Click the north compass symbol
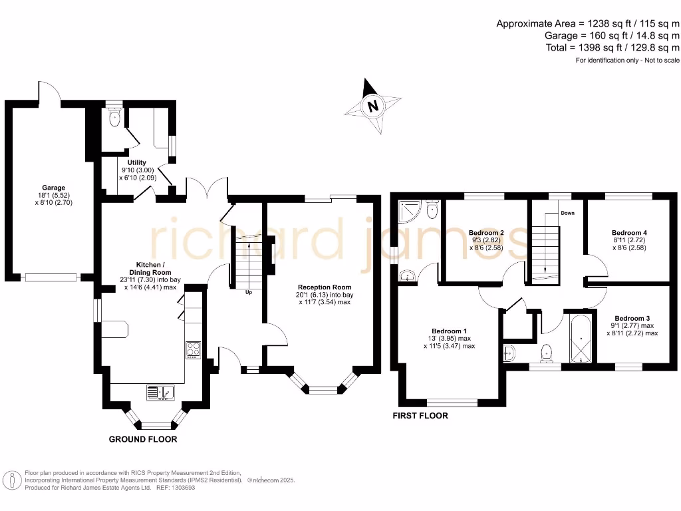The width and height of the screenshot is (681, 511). [373, 106]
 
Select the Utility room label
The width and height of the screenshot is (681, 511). [137, 162]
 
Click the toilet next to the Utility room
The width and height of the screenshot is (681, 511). [114, 118]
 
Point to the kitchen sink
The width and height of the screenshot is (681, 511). [159, 392]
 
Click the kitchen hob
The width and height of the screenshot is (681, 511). [193, 349]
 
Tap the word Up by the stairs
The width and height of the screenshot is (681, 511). [249, 292]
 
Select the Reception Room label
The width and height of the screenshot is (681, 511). [324, 287]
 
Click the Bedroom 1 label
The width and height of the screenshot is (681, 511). [450, 331]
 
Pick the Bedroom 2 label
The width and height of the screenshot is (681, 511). [486, 233]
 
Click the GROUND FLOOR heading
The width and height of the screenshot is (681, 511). [143, 439]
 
